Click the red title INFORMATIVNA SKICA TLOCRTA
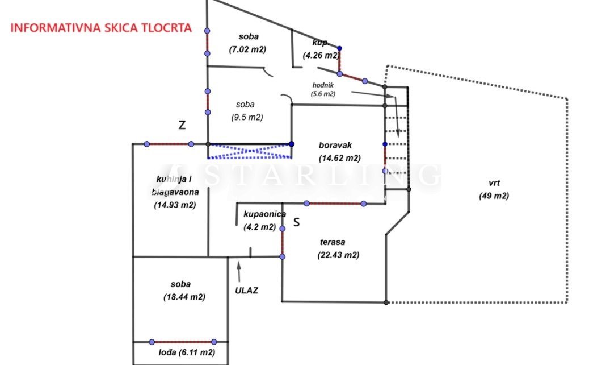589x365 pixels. point(102,27)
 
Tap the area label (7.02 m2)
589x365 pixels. point(247,49)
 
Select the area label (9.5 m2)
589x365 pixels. point(247,118)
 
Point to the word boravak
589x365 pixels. point(335,146)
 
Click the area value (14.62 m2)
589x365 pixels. point(340,158)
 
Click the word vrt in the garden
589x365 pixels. point(494,183)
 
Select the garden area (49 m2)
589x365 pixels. point(494,196)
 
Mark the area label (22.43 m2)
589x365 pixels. point(338,255)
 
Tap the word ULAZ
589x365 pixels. point(247,290)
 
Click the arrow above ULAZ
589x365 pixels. point(239,271)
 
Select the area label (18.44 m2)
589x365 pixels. point(184,297)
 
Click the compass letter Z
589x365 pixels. point(182,126)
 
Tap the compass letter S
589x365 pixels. point(296,223)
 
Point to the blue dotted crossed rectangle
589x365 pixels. point(250,151)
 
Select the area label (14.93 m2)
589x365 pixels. point(175,205)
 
